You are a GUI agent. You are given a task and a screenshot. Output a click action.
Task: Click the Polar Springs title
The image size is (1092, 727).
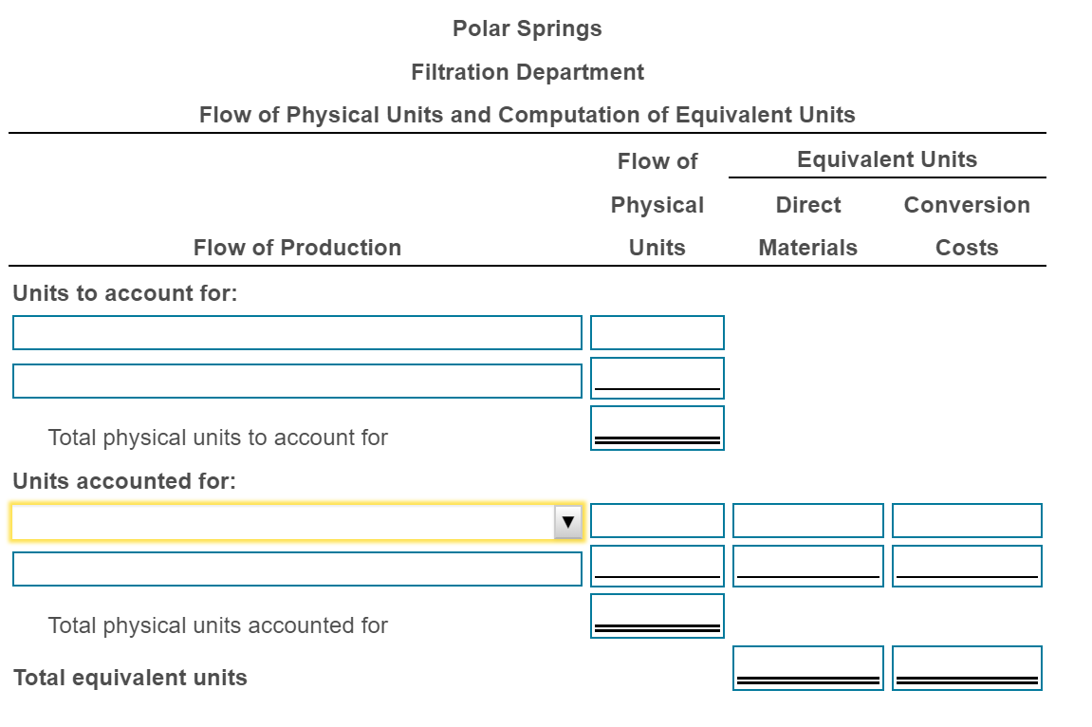click(x=527, y=28)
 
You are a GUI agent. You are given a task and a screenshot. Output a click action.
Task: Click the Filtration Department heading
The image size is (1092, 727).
click(x=527, y=72)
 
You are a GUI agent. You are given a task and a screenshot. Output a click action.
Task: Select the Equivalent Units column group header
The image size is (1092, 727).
click(x=886, y=159)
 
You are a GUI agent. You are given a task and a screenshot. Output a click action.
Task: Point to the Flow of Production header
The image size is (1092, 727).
click(x=297, y=248)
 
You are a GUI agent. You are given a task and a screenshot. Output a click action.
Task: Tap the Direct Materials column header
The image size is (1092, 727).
click(x=807, y=226)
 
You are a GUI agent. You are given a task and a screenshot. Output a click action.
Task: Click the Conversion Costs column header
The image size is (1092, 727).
click(x=966, y=226)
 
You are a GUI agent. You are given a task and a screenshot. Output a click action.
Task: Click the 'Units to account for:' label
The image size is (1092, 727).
click(x=124, y=293)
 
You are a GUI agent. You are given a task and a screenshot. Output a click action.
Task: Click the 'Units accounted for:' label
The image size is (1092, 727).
click(x=124, y=481)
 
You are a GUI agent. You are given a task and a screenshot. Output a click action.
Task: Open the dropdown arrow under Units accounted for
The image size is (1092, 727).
click(x=567, y=522)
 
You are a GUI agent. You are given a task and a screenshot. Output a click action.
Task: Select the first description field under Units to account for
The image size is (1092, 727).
click(x=297, y=333)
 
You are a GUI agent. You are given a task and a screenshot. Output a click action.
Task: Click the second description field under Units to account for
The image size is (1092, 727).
click(x=297, y=381)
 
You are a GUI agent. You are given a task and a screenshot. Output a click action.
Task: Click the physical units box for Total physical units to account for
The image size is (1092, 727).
click(x=657, y=427)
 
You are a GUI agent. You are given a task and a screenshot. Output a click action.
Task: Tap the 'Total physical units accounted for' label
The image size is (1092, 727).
click(x=217, y=625)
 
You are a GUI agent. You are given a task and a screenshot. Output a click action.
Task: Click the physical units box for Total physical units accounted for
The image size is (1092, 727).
click(x=657, y=615)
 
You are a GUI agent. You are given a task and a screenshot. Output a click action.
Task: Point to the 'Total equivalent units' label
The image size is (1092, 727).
click(x=130, y=678)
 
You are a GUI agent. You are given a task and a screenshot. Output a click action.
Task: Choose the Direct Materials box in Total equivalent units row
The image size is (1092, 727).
click(x=807, y=667)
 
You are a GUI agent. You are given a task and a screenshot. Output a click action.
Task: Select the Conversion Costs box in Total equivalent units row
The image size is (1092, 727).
click(x=966, y=667)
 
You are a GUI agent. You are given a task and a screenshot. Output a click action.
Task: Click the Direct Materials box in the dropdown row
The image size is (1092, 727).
click(x=807, y=521)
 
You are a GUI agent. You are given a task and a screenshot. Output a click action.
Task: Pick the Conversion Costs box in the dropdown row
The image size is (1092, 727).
click(x=966, y=521)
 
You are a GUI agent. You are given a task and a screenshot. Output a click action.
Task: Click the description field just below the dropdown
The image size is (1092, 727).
click(x=297, y=569)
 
